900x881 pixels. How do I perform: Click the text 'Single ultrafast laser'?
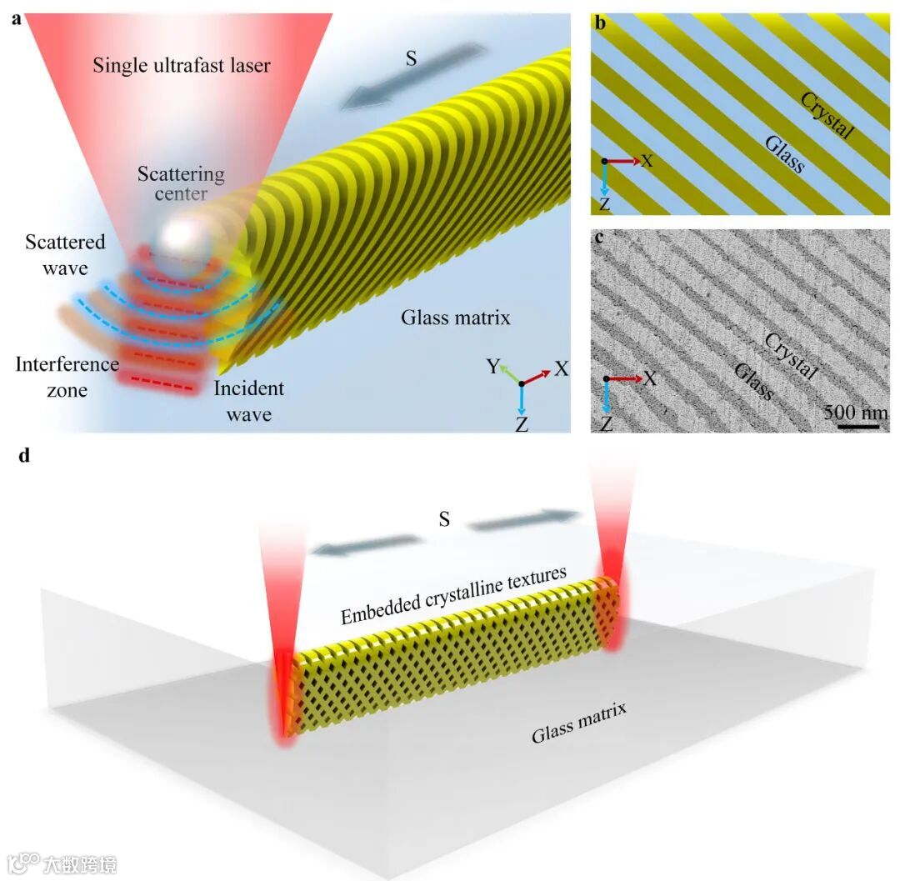(x=182, y=65)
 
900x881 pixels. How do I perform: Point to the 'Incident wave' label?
(x=248, y=400)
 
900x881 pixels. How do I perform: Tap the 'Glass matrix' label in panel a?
(x=455, y=317)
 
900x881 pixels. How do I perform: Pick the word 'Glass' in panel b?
(x=784, y=155)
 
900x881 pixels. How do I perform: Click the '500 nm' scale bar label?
(x=857, y=412)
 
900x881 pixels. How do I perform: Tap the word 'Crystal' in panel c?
(x=788, y=356)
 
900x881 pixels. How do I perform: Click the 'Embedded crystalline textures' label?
(x=454, y=597)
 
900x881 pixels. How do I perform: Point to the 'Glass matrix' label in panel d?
(x=579, y=722)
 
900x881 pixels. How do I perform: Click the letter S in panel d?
(x=445, y=519)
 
